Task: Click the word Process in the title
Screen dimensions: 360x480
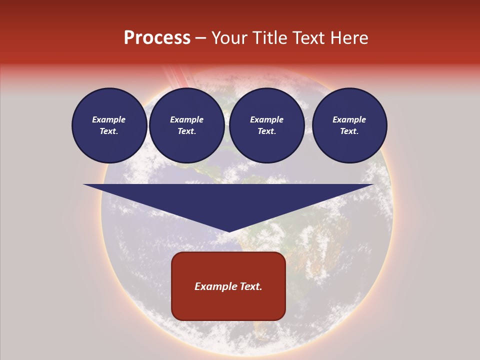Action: pos(157,38)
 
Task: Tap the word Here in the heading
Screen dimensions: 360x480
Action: pos(348,38)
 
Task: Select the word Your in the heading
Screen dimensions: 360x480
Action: pos(229,38)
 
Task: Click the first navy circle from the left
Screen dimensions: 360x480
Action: pos(109,125)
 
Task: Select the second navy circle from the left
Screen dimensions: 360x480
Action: pos(186,125)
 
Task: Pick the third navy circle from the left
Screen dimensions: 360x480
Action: pos(266,125)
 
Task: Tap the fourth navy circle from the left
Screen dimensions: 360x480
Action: pos(349,125)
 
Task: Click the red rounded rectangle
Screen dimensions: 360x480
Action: pos(228,286)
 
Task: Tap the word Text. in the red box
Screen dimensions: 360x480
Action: pos(250,286)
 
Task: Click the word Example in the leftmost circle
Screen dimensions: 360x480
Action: pos(109,119)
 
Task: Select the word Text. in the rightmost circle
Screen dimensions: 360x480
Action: pos(349,131)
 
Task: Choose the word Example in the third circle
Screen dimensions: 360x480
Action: pos(266,119)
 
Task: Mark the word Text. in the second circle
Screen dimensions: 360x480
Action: pos(186,131)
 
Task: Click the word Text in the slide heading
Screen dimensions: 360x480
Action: pos(307,38)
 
